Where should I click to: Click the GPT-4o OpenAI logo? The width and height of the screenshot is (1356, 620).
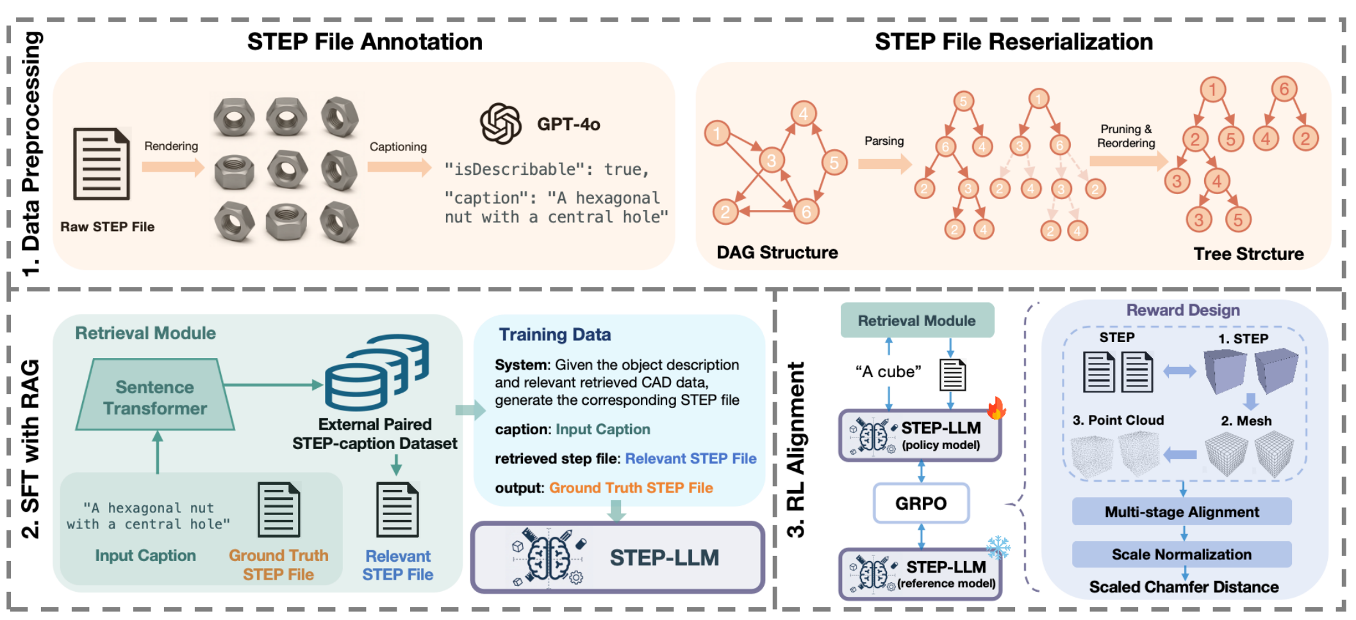point(500,124)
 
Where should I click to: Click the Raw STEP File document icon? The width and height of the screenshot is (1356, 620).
point(101,164)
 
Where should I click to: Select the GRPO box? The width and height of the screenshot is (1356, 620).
point(921,503)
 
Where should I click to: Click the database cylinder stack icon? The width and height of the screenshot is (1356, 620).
point(376,372)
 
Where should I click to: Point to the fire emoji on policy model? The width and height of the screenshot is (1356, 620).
point(996,408)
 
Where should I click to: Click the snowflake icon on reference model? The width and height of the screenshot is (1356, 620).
point(998,548)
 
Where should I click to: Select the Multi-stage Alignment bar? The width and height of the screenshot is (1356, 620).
point(1181,512)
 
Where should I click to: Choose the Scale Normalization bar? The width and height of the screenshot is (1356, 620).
point(1181,555)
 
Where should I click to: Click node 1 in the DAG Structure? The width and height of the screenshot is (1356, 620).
point(717,133)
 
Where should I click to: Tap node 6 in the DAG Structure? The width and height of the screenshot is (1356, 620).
point(806,211)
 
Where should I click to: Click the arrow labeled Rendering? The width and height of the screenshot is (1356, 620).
point(172,167)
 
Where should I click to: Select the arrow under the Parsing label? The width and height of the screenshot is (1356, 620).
point(884,164)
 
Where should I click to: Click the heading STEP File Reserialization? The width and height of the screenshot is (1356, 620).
point(1013,42)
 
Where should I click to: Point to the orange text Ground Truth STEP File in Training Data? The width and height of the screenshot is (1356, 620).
point(631,488)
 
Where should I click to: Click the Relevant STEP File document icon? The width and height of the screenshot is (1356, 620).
point(397,510)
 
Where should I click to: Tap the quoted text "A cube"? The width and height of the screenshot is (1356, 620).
point(888,372)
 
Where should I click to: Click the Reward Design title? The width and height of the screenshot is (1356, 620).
point(1182,310)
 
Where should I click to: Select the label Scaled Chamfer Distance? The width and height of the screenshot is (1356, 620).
point(1184,587)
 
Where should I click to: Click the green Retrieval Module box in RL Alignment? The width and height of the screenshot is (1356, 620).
point(916,321)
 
